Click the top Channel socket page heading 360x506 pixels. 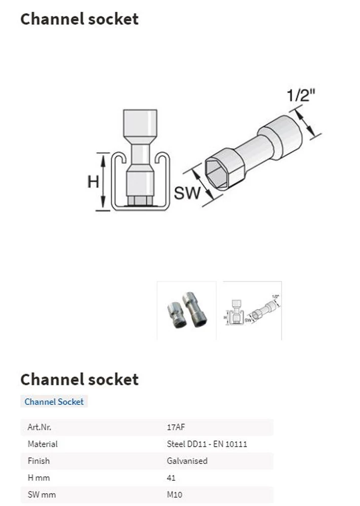click(79, 19)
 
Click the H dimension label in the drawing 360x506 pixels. click(93, 182)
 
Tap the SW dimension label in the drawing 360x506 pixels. click(187, 193)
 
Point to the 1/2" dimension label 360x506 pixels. click(301, 95)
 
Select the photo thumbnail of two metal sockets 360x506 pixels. click(187, 310)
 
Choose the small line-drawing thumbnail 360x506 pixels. click(252, 310)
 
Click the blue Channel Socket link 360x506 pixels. click(54, 402)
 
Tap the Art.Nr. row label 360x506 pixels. click(39, 427)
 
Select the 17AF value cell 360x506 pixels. click(176, 427)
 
